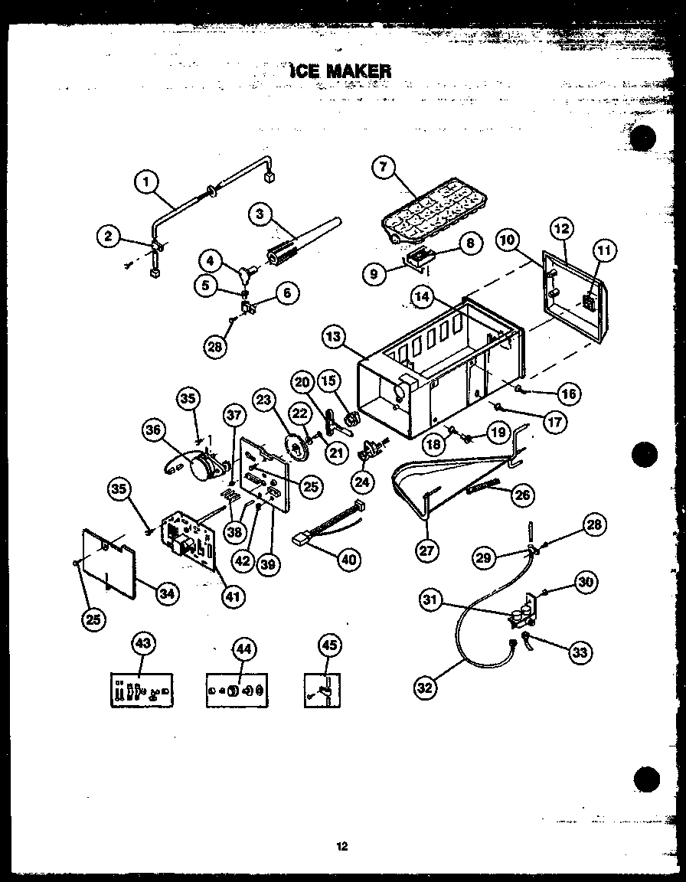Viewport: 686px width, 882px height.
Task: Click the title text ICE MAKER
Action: tap(340, 71)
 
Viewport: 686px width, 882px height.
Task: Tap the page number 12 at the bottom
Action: tap(341, 846)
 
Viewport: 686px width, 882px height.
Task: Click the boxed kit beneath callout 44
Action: tap(237, 691)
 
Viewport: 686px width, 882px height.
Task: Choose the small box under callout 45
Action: tap(322, 691)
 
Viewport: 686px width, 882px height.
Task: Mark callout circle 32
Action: tap(426, 687)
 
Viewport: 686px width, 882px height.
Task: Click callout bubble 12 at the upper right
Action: tap(562, 229)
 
